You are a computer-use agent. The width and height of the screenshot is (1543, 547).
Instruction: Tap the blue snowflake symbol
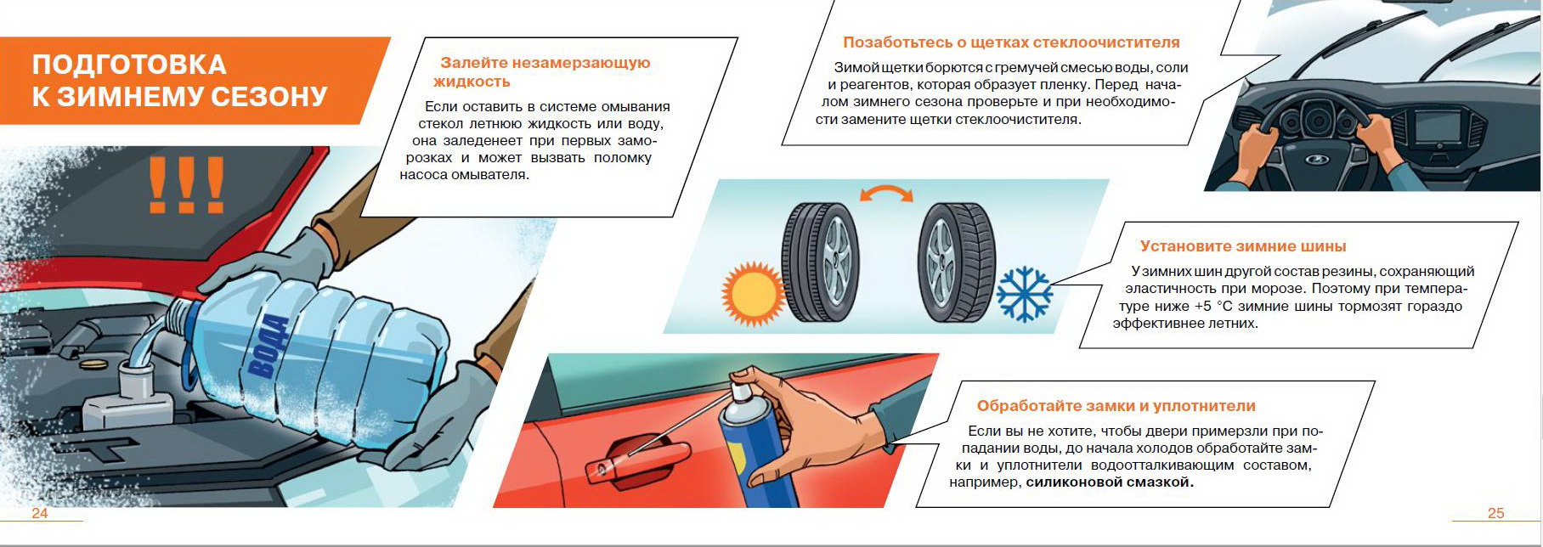click(x=1024, y=295)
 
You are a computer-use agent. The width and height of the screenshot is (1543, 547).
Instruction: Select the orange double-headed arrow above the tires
click(x=886, y=193)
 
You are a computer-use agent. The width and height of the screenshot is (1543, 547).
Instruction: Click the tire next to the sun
click(x=820, y=262)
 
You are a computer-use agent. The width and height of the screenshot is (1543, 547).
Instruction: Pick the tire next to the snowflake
click(x=957, y=262)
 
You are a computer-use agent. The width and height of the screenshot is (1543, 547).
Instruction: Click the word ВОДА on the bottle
click(x=268, y=345)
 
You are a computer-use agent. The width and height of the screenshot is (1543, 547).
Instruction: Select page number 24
click(x=40, y=513)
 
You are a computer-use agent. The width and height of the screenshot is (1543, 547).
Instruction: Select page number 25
click(x=1496, y=513)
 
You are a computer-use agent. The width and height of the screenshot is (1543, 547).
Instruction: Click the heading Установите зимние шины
click(x=1243, y=246)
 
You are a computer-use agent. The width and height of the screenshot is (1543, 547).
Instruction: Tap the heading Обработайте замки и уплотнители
click(x=1116, y=406)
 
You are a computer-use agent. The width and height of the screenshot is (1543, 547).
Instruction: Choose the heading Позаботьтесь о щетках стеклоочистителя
click(x=1011, y=42)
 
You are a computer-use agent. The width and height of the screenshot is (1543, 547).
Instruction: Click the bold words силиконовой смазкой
click(x=1110, y=482)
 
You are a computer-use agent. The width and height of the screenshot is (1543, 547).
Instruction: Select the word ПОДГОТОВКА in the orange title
click(x=129, y=65)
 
